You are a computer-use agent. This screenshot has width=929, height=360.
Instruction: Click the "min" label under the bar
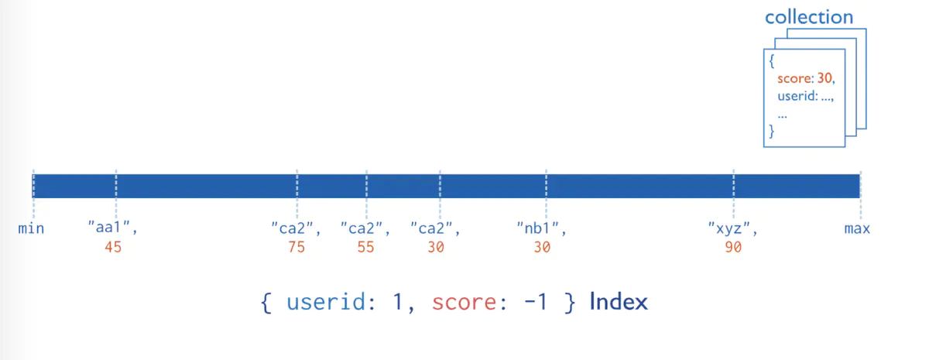point(32,228)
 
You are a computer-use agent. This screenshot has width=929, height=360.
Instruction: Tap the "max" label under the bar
point(857,228)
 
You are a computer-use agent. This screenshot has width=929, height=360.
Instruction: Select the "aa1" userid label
point(113,228)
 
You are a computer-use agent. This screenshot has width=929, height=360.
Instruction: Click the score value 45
point(113,247)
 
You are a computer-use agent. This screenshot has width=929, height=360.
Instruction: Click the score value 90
point(732,247)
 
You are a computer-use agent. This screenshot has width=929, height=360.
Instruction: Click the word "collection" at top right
point(809,17)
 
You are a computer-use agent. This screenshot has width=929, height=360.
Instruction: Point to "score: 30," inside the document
point(806,78)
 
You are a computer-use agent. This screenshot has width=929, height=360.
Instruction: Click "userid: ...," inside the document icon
point(806,96)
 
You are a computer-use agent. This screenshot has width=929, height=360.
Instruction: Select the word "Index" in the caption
point(619,301)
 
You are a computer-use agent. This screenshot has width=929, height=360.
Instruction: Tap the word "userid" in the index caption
point(323,302)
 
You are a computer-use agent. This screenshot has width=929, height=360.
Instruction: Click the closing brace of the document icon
point(771,132)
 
